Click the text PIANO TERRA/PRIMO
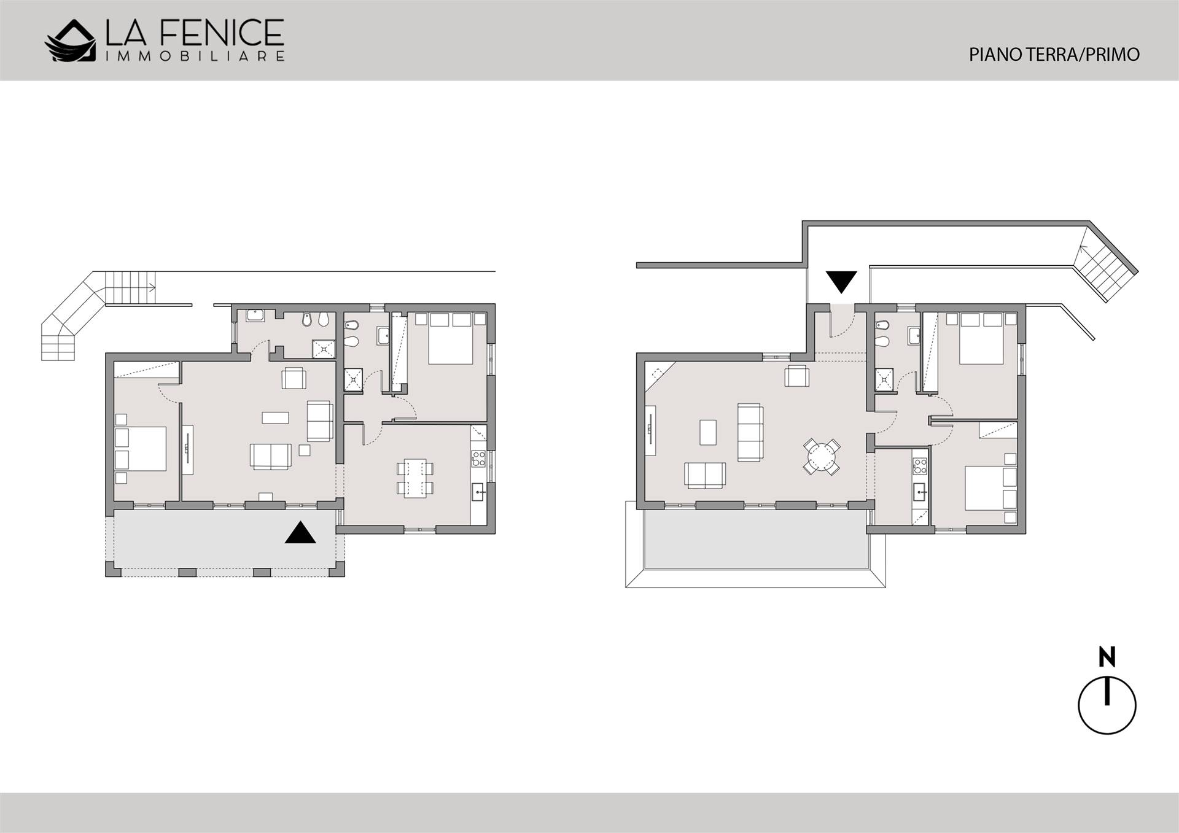coord(1054,55)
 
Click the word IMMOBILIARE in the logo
coord(195,56)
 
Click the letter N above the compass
coord(1107,657)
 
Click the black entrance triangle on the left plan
coord(300,533)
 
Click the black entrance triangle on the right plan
coord(841,282)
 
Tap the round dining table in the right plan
coord(822,457)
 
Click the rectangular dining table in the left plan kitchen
coord(415,478)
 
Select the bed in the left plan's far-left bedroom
coord(141,449)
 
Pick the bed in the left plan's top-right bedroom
coord(450,339)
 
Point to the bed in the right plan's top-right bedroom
coord(981,338)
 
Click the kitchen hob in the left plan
coord(478,458)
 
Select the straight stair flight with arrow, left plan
coord(131,287)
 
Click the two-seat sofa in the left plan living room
coord(270,457)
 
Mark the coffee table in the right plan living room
coord(708,432)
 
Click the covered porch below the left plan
coord(225,543)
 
